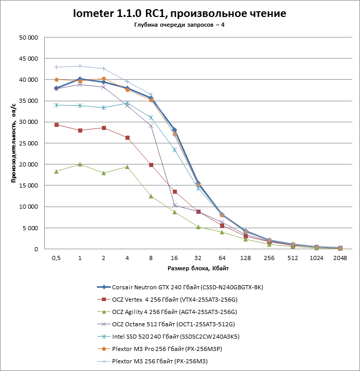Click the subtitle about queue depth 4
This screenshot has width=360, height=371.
pos(179,25)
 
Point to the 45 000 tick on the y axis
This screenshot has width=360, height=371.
pos(28,59)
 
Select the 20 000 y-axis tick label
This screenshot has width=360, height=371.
pos(28,164)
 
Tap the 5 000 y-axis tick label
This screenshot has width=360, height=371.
pos(30,228)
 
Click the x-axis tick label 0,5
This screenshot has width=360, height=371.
pos(56,258)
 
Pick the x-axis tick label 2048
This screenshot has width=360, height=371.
pos(340,258)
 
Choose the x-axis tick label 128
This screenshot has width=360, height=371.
pos(245,258)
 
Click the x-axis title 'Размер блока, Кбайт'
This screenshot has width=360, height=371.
pos(198,268)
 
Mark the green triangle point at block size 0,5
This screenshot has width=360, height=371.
pos(56,171)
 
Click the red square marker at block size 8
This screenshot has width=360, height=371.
pos(151,165)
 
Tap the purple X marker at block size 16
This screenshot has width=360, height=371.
pos(174,205)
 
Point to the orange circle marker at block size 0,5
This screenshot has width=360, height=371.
pos(56,80)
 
